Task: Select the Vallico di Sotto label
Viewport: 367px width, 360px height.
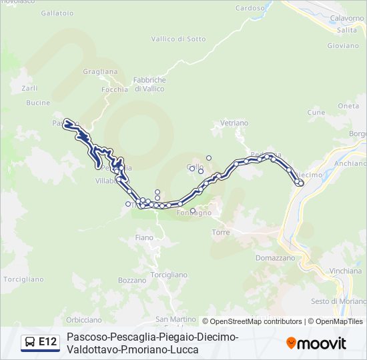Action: click(178, 39)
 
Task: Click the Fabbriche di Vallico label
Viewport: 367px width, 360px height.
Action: click(150, 84)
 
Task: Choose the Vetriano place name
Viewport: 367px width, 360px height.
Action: click(234, 123)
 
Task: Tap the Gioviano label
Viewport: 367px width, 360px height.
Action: click(343, 46)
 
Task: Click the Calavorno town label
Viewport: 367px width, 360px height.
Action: click(346, 18)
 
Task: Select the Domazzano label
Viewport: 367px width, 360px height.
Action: click(275, 257)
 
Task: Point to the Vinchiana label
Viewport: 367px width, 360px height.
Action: click(346, 272)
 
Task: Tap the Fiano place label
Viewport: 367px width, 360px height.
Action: click(144, 237)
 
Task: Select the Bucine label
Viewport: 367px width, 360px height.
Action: click(38, 103)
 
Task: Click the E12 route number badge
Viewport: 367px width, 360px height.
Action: click(47, 342)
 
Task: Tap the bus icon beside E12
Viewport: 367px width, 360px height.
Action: click(30, 343)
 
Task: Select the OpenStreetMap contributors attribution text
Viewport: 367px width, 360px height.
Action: click(256, 321)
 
